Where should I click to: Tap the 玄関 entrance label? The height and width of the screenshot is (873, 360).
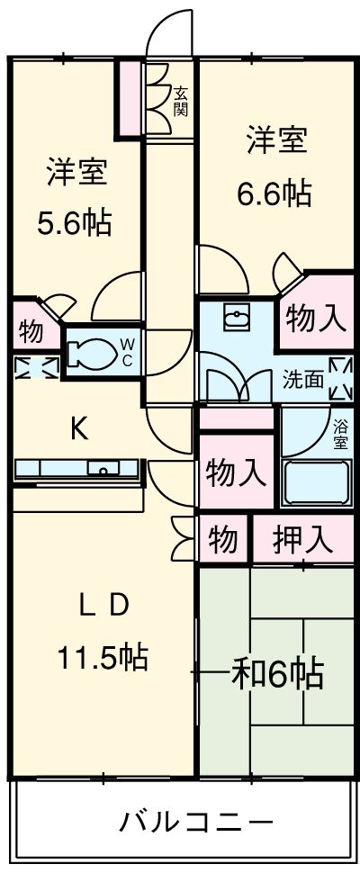(x=180, y=101)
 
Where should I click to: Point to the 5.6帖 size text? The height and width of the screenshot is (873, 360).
(x=74, y=222)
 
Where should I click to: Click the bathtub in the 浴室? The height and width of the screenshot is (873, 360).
(x=317, y=482)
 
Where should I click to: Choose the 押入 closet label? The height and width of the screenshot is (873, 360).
(x=302, y=539)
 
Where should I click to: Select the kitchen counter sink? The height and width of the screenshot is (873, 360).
(x=103, y=469)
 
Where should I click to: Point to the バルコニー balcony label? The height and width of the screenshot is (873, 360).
(x=196, y=822)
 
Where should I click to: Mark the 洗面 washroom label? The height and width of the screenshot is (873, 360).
(x=302, y=380)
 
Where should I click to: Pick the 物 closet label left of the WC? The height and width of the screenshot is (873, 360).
(x=31, y=332)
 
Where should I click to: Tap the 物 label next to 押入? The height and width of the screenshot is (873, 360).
(x=223, y=539)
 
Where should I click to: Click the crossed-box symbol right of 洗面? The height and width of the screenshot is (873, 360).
(x=341, y=379)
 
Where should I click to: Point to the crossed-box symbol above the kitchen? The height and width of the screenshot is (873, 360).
(x=36, y=367)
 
